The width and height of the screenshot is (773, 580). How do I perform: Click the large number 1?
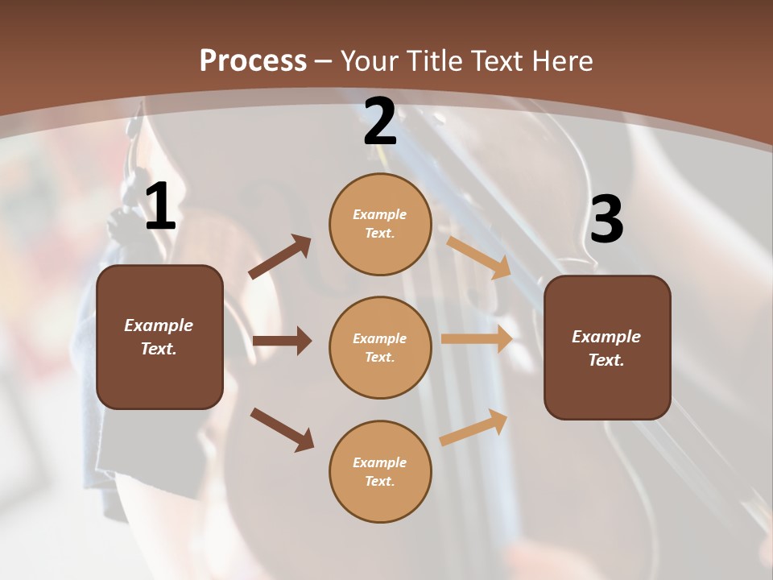point(160,207)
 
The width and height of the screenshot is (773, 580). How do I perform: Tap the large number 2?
point(380,122)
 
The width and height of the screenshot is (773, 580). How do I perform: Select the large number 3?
point(606,220)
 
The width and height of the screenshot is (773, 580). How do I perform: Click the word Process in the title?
point(253,60)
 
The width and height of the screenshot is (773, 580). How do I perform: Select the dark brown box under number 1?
point(159,337)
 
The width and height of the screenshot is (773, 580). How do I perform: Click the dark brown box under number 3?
point(607,347)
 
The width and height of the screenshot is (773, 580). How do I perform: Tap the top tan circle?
point(380,223)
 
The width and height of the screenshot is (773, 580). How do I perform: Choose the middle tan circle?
point(380,347)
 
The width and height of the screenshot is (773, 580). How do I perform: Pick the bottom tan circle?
point(380,471)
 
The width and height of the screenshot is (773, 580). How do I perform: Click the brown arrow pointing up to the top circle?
point(280,257)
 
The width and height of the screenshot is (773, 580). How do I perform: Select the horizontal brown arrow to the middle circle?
point(282,341)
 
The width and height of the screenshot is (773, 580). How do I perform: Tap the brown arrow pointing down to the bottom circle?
point(283,429)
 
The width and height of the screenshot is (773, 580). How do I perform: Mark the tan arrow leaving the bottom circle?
point(474,427)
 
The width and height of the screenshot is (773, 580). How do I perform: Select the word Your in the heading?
point(370,60)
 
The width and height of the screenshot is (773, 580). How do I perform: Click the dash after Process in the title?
point(324,62)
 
